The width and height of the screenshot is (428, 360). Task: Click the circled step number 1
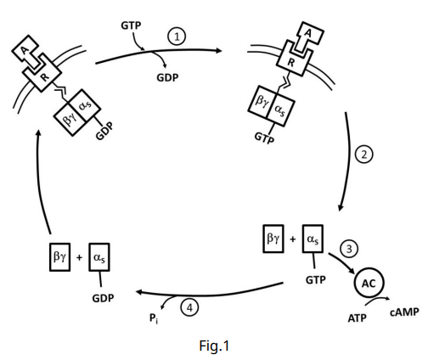pos(177,37)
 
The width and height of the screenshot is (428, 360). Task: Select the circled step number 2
pos(364,155)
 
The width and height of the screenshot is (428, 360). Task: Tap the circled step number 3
pos(349,249)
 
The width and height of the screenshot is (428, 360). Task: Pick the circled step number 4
pos(189,307)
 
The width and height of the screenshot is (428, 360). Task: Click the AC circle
pos(369,283)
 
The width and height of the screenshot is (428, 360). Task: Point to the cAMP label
pos(404,312)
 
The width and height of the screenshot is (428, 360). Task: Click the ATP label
pos(358,318)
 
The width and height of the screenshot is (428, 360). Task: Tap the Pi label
pos(154,318)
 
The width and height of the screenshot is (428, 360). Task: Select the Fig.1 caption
pos(214,346)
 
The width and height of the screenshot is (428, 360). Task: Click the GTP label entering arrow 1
pos(131,25)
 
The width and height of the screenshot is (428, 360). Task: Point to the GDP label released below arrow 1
pos(167,77)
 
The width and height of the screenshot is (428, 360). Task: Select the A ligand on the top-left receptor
pos(26,53)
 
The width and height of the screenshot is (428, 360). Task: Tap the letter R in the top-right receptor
pos(290,62)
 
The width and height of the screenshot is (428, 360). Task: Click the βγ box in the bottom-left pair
pos(59,257)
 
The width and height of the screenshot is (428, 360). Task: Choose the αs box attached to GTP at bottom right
pos(313,239)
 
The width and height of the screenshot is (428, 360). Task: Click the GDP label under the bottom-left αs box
pos(103,298)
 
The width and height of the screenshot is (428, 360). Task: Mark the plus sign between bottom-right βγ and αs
pos(293,239)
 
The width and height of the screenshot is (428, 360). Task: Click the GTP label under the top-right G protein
pos(264,138)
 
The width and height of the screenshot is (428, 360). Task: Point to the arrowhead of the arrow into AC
pos(352,272)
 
